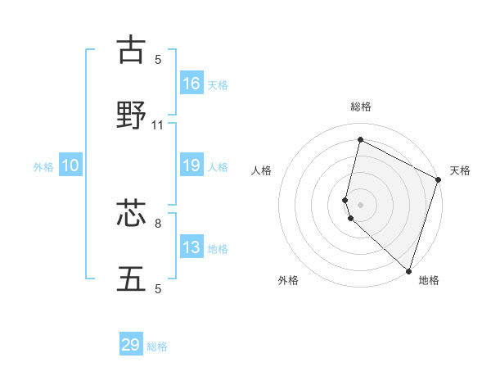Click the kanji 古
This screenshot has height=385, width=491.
coord(132,50)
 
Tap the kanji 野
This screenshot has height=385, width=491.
coord(132,115)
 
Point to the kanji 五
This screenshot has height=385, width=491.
coord(132,279)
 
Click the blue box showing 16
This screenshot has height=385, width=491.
coord(191,83)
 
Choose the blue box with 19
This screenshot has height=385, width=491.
coord(191,165)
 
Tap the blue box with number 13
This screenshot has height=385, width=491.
coord(191,247)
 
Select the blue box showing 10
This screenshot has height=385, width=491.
coord(70,165)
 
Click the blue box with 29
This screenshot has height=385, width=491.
coord(131,345)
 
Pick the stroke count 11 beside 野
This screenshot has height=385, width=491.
coord(158,125)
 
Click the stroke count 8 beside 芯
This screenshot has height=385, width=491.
coord(158,223)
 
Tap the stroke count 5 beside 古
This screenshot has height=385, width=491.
coord(158,59)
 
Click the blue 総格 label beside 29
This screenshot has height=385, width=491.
coord(157,346)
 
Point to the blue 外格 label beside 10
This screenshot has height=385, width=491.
coord(43,167)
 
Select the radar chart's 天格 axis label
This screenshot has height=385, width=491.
coord(460,170)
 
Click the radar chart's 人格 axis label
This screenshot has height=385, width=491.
coord(261,170)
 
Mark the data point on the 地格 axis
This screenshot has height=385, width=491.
coord(408,270)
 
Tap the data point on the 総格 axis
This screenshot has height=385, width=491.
coord(360,140)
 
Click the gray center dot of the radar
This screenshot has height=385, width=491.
coord(360,205)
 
